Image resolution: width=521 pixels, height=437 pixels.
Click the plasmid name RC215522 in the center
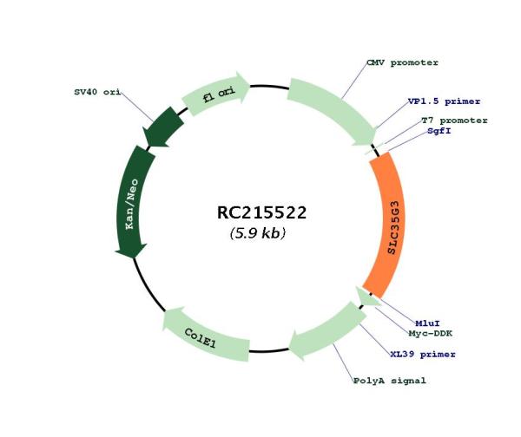[261, 212]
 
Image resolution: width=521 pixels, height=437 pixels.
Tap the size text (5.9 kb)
[258, 233]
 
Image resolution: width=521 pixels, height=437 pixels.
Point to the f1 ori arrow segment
[216, 94]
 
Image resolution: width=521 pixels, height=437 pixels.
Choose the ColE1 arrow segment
[202, 336]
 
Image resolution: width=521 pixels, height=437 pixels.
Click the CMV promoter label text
[402, 62]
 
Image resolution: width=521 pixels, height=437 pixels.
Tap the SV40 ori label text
[97, 92]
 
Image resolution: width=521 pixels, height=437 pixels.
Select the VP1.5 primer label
[444, 101]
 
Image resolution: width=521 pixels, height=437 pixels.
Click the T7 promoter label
[454, 121]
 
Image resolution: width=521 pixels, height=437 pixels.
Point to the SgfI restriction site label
[439, 131]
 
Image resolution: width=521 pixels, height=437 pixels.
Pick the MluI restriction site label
[427, 323]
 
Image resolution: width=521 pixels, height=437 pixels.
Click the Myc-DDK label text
[431, 333]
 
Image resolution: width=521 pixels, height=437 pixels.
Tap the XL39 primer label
[423, 354]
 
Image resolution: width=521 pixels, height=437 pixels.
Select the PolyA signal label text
[389, 381]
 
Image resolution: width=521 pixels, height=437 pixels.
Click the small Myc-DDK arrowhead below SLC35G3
[367, 297]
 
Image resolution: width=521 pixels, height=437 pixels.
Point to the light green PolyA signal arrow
[327, 332]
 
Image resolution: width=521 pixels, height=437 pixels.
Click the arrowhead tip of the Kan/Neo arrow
[133, 258]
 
